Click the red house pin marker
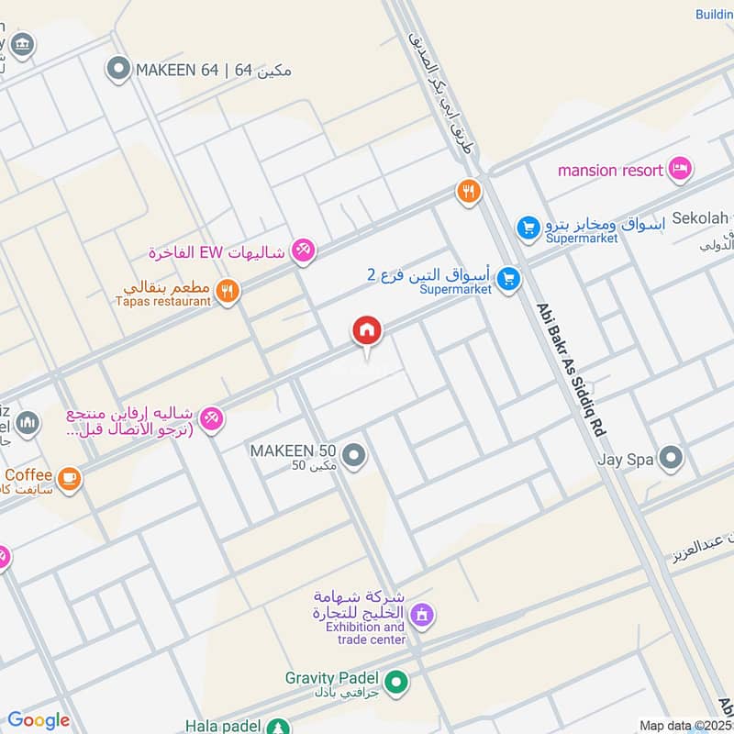coord(366,330)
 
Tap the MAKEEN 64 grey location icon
coord(117,69)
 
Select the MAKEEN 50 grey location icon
coord(354,454)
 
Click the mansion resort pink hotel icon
coord(680,169)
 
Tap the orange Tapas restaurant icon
coord(228,292)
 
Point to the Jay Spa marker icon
coord(672,456)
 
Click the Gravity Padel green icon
coord(396,682)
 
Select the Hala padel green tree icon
coord(276,727)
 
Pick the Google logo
coord(39,720)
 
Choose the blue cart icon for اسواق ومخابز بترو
coord(528,226)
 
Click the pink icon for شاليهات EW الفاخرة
coord(303,250)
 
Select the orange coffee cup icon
coord(69,478)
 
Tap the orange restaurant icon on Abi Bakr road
coord(469,192)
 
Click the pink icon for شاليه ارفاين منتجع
coord(211,417)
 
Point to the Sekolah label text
coord(700,218)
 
